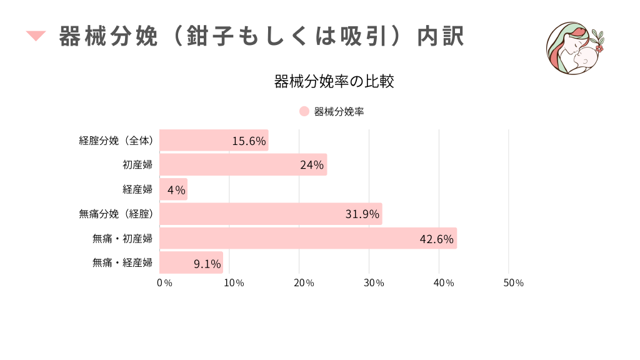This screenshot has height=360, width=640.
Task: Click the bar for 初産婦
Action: [x=243, y=165]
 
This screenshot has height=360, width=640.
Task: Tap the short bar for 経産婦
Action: [x=173, y=189]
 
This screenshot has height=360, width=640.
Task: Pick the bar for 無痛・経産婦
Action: [x=191, y=263]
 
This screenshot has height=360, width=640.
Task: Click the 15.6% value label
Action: [x=249, y=141]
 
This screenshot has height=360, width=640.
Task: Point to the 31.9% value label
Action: [x=362, y=214]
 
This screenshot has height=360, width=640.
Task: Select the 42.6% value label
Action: [x=436, y=239]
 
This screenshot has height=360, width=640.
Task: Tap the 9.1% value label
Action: [x=207, y=264]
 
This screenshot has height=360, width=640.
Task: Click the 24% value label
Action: [x=311, y=166]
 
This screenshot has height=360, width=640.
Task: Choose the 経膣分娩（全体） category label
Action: [x=116, y=141]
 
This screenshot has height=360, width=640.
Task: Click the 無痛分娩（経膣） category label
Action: [x=116, y=214]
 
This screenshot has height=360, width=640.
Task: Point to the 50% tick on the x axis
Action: [x=513, y=283]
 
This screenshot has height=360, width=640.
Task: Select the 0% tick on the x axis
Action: [x=164, y=283]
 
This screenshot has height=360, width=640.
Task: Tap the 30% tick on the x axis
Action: [x=374, y=283]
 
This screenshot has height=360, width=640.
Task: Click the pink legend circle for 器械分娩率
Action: [x=304, y=112]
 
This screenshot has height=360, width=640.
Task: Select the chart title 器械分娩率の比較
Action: [x=334, y=82]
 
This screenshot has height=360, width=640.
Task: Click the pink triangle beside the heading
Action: [x=36, y=36]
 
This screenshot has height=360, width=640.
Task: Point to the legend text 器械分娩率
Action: [x=339, y=112]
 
